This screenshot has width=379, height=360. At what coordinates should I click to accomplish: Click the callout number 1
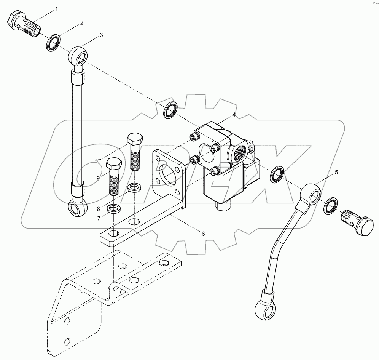(57, 9)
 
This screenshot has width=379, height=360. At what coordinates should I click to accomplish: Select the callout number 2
(81, 23)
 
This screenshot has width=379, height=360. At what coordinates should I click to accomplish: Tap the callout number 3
(101, 35)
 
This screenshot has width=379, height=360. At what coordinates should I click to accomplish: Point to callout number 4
(234, 115)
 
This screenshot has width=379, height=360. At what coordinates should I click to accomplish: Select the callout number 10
(98, 162)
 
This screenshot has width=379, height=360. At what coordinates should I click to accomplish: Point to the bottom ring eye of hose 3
(78, 208)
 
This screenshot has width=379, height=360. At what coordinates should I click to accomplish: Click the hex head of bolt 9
(113, 165)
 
